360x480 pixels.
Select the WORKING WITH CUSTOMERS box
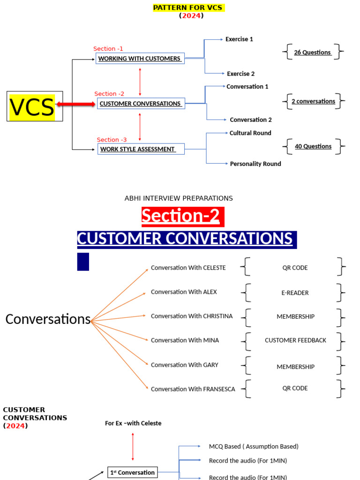tap(140, 59)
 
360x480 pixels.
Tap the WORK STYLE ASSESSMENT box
tap(141, 149)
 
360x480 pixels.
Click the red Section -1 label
tap(108, 49)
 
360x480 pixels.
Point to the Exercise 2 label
tap(240, 74)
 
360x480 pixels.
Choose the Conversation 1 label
tap(247, 87)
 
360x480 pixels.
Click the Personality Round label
tap(255, 164)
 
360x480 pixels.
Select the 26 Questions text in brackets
tap(313, 52)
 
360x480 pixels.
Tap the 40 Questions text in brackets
tap(313, 146)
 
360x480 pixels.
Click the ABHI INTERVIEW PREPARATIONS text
tap(179, 198)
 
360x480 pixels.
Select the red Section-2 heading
tap(180, 216)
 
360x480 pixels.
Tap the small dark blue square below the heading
tap(83, 262)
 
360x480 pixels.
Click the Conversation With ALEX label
tap(184, 292)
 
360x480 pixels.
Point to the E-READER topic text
tap(295, 292)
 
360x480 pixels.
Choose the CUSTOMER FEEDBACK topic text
tap(295, 340)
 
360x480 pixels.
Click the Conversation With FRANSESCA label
tap(193, 389)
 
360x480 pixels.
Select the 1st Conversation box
tap(133, 472)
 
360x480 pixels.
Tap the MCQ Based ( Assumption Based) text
tap(254, 447)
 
